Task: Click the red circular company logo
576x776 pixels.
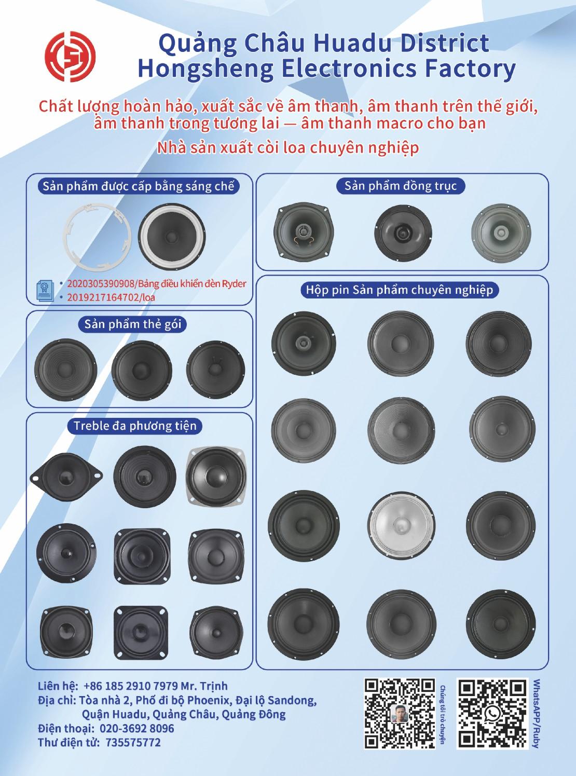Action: coord(70,57)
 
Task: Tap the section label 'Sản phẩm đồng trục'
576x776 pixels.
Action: coord(401,186)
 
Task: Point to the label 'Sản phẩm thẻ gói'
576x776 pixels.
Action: coord(133,324)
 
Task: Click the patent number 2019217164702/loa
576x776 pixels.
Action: coord(111,297)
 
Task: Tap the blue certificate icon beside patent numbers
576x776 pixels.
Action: coord(45,290)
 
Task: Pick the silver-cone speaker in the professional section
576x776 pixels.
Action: coord(401,526)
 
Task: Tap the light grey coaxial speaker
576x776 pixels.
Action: coord(501,233)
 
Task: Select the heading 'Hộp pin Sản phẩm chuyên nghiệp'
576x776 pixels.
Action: coord(400,290)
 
